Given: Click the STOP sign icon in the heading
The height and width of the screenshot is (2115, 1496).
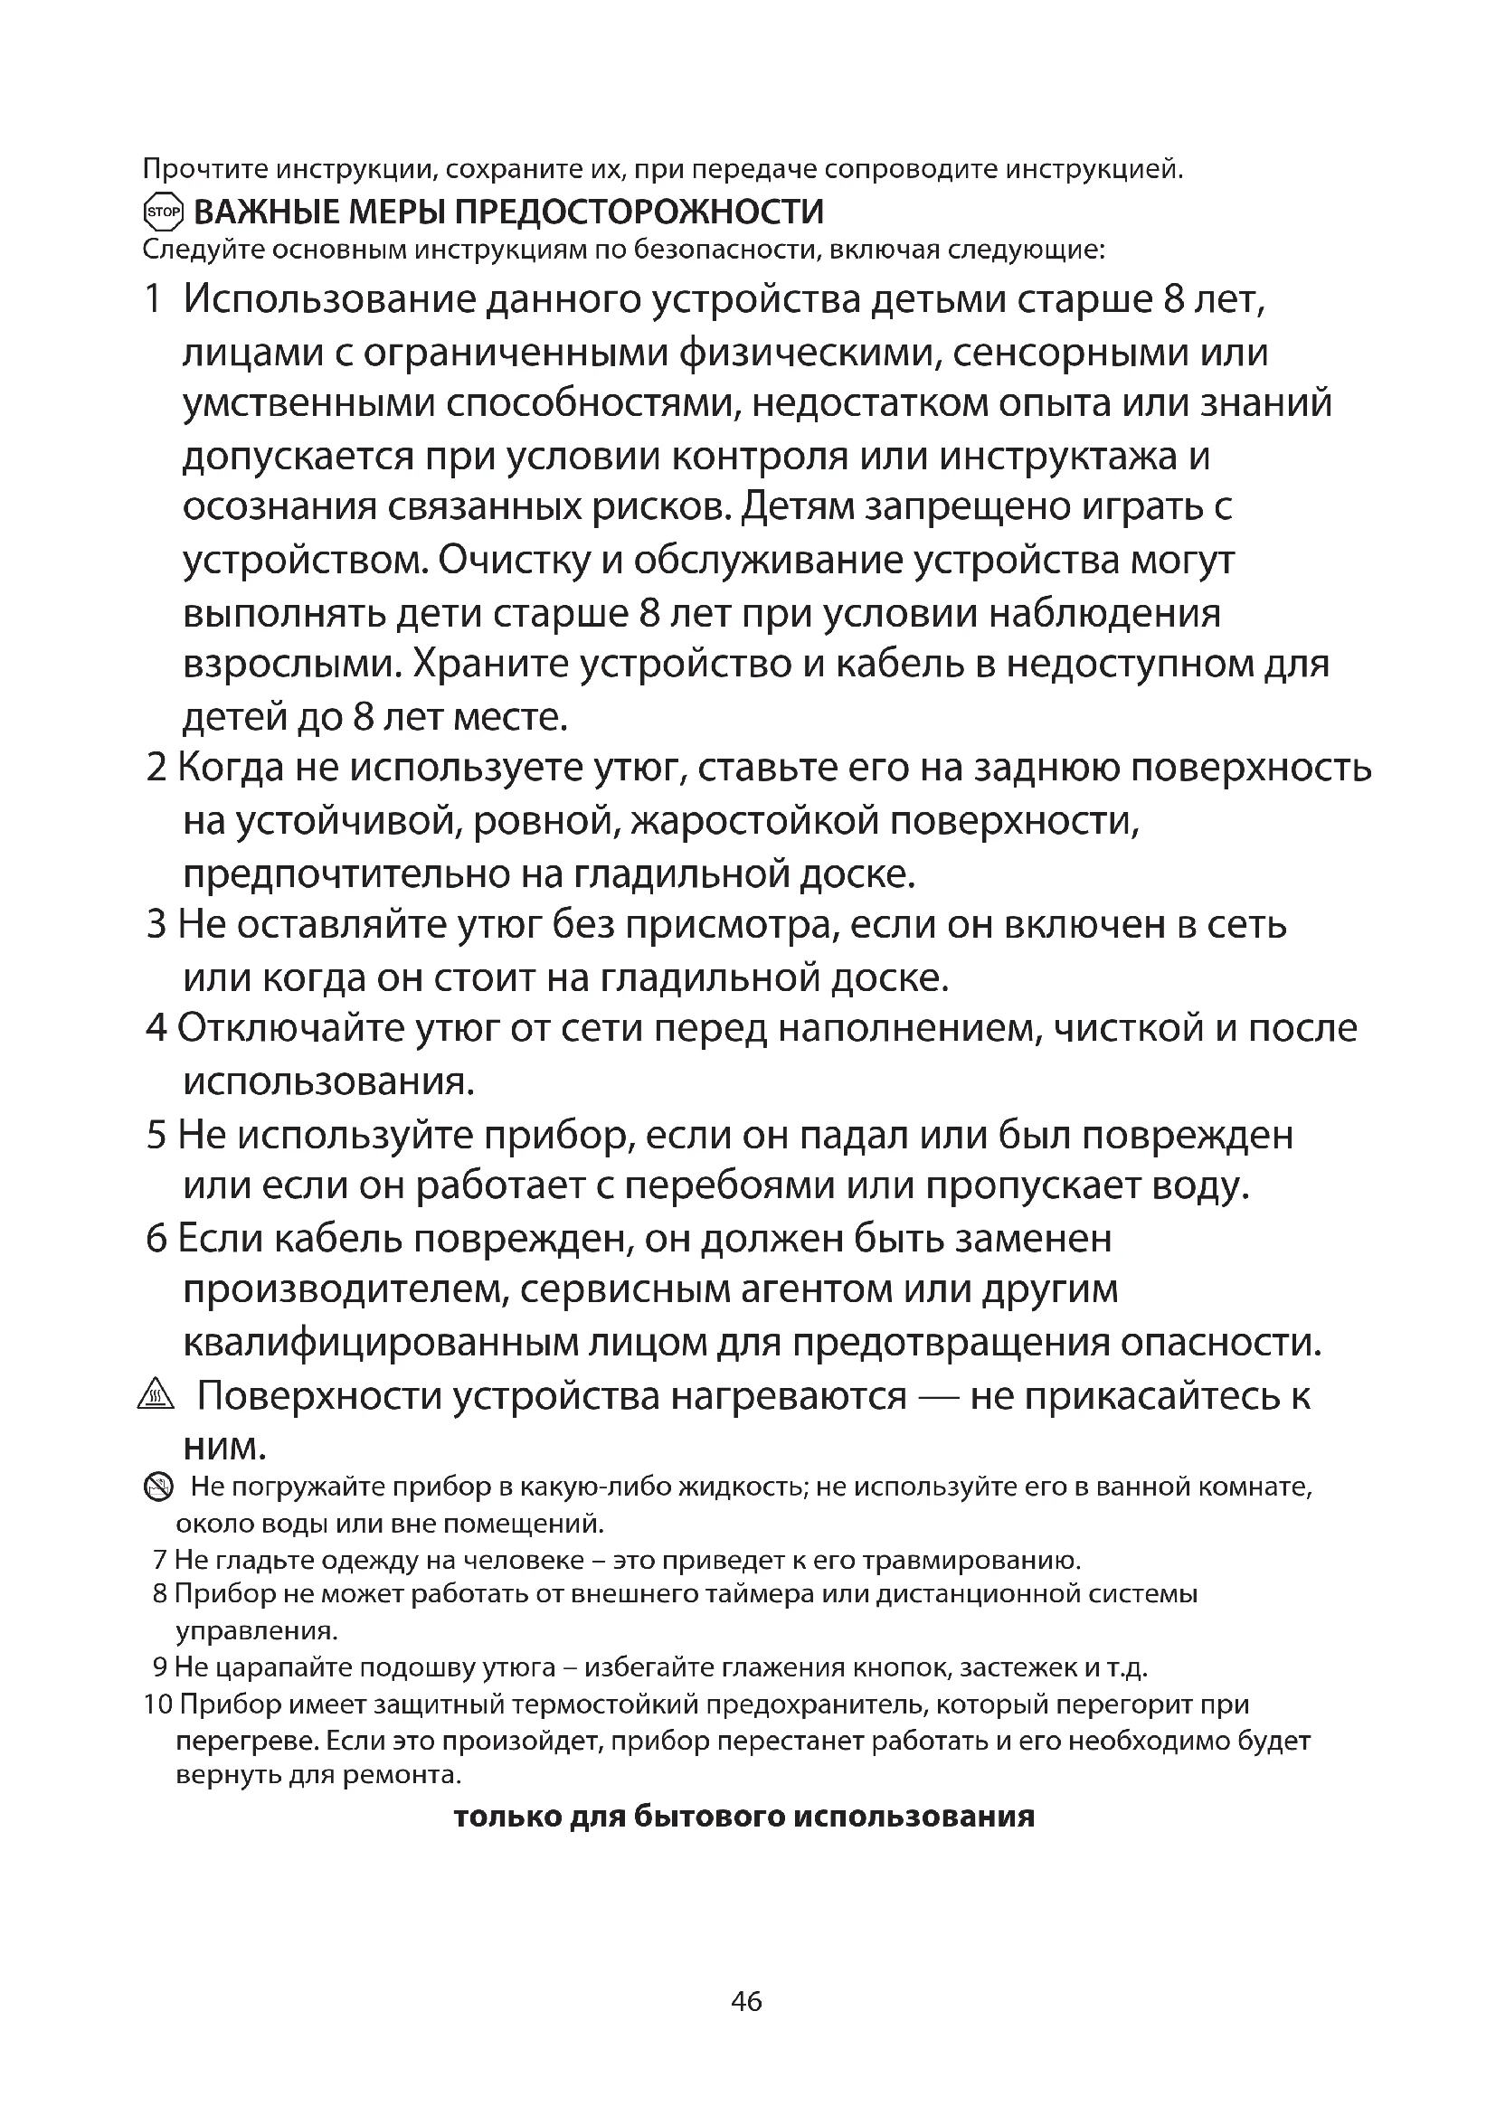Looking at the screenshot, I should coord(164,212).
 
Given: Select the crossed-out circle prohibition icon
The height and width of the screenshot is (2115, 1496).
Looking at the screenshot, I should coord(158,1486).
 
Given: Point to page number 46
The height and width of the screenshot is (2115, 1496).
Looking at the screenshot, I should coord(746,2001).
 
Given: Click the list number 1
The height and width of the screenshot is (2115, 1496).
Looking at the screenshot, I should coord(153,300).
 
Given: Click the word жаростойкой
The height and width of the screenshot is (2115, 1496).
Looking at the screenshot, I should coord(755,820).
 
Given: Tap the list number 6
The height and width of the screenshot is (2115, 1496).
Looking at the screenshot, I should coord(156,1239).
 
